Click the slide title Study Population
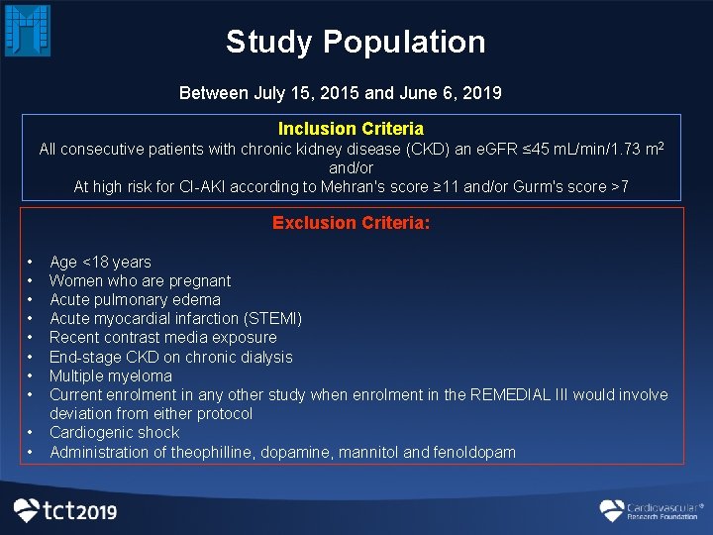356,42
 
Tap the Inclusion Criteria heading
351,129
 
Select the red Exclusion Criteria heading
351,223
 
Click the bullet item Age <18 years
100,262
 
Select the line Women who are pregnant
140,280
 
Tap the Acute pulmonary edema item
135,299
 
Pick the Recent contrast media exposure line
162,337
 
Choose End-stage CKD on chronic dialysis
170,357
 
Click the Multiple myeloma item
110,375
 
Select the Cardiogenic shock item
114,432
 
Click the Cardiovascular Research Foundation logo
651,510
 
